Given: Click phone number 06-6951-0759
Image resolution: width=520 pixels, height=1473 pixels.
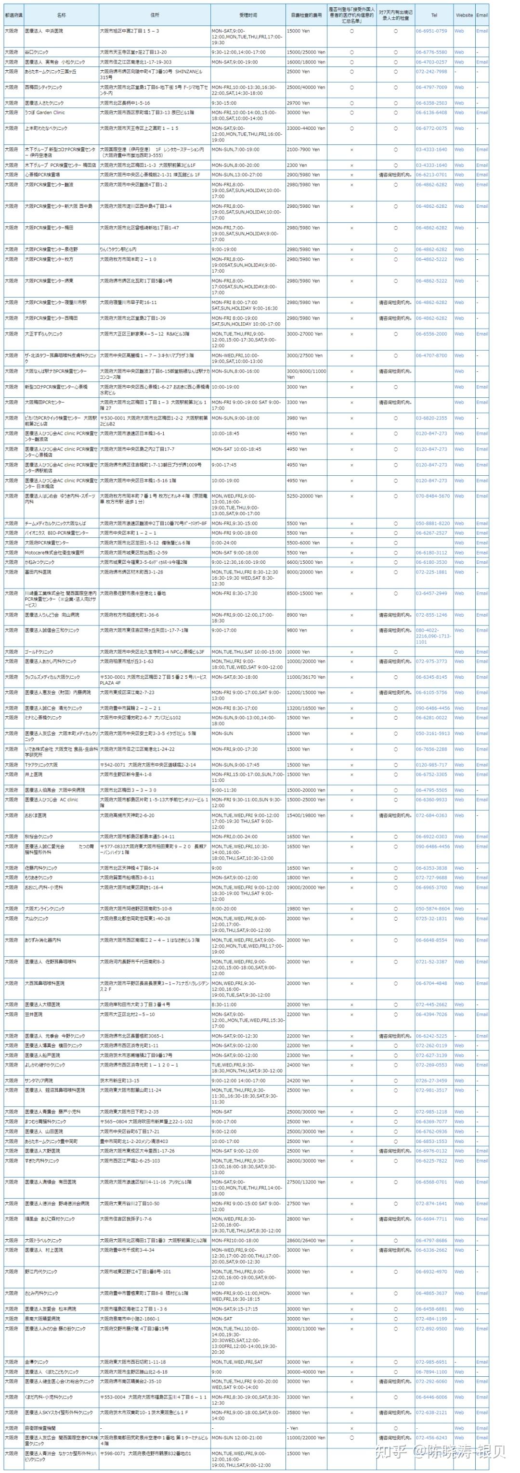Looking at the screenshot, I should [431, 31].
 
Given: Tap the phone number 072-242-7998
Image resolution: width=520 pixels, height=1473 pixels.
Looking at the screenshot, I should [431, 72].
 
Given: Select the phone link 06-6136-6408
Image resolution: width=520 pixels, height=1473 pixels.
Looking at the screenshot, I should [431, 113].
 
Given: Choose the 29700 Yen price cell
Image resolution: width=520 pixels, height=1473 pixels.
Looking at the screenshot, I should [298, 103].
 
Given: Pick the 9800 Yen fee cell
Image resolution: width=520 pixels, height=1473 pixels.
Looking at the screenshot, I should [298, 631].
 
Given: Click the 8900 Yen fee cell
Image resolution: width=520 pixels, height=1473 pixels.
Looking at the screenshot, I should [298, 615].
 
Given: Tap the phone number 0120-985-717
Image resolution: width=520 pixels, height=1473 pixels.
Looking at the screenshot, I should [431, 765].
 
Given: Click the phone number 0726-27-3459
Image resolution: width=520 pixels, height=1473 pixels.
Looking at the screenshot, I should [431, 1081].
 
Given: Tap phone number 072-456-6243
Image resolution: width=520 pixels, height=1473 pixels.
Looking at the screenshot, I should [431, 1437].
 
